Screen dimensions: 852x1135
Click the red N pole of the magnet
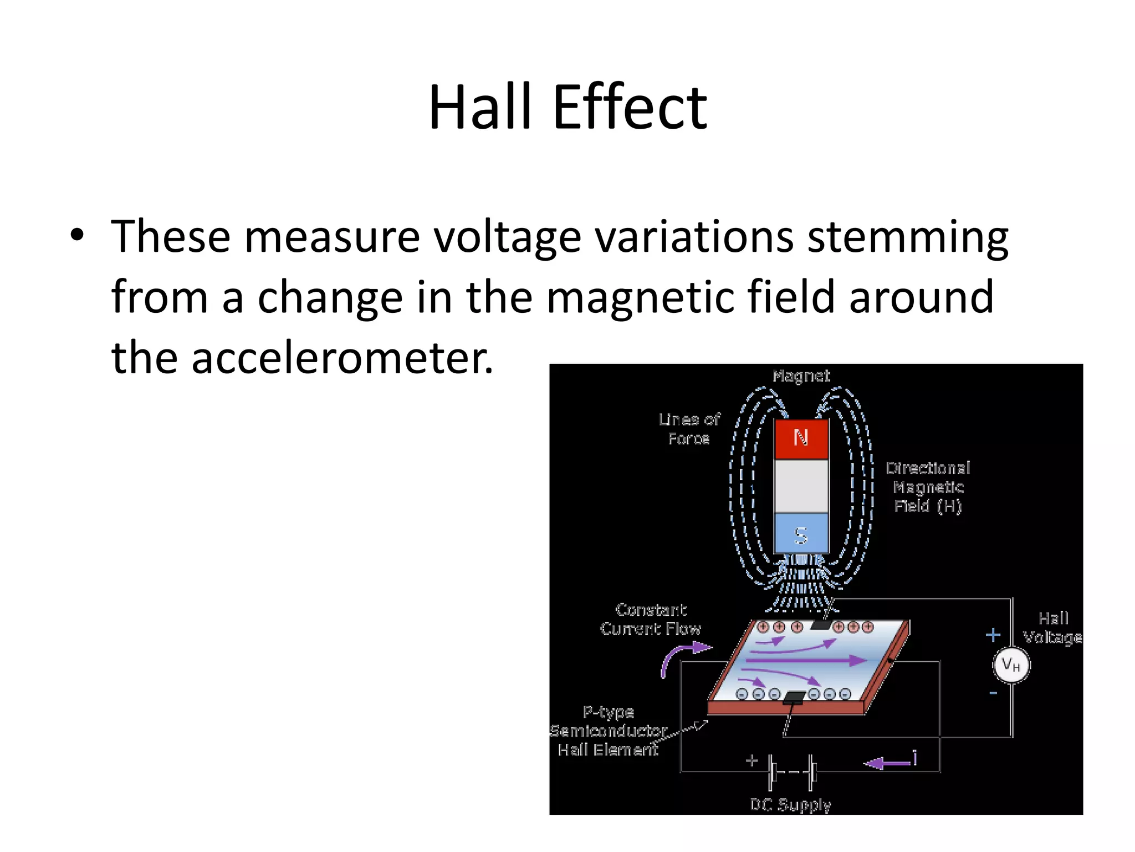(x=801, y=439)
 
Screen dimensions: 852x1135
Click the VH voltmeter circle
(x=1011, y=665)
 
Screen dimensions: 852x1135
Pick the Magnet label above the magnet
(x=801, y=376)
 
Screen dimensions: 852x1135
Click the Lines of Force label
(x=689, y=429)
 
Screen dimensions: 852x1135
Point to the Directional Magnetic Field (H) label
(x=928, y=487)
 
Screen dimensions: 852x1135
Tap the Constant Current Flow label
(x=651, y=619)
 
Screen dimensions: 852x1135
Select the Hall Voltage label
(x=1052, y=628)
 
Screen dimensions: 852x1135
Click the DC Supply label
(x=790, y=804)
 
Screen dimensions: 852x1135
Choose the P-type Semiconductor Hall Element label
(x=608, y=731)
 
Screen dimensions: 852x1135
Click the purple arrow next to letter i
(x=887, y=763)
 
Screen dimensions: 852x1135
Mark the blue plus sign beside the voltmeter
(x=993, y=635)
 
